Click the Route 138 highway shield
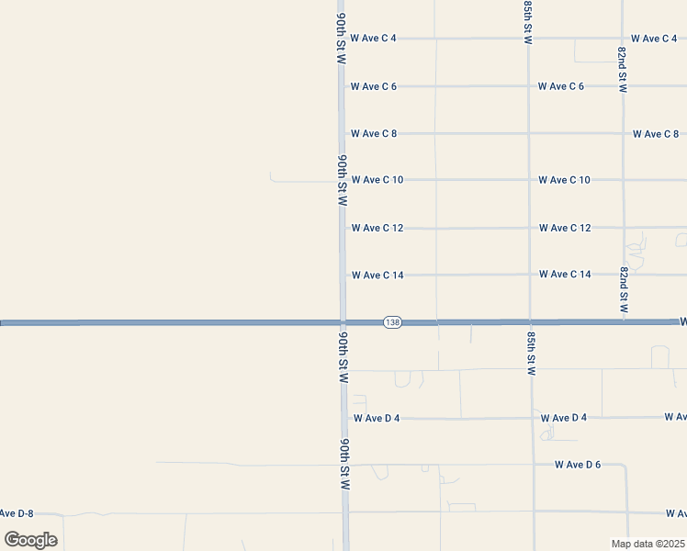click(392, 322)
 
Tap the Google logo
click(30, 539)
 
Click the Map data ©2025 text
click(648, 543)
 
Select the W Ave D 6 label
click(577, 465)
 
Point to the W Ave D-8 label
click(17, 512)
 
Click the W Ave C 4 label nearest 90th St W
click(373, 39)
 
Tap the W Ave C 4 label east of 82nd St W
click(654, 39)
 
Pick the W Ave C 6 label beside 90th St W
click(373, 86)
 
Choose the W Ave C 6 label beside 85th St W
click(561, 86)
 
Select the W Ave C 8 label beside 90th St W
click(373, 133)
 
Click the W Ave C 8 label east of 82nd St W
click(656, 134)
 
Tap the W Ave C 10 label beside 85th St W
click(564, 180)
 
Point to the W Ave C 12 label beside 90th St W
click(377, 228)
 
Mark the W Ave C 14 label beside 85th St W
click(564, 275)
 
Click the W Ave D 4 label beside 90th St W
click(377, 418)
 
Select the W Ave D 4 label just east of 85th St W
click(564, 418)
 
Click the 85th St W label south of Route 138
click(531, 354)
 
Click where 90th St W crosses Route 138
click(343, 322)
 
